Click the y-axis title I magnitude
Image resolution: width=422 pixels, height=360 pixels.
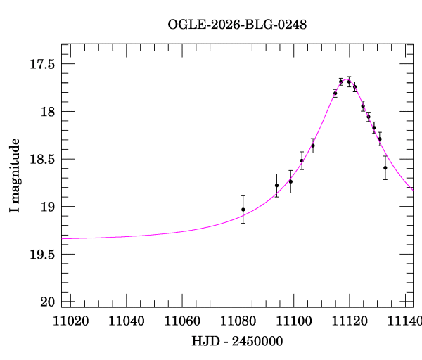point(15,175)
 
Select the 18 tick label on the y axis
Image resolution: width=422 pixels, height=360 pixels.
point(49,112)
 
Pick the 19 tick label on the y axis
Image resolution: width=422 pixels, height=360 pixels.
point(49,207)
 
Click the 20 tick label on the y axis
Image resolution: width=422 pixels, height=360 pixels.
point(49,302)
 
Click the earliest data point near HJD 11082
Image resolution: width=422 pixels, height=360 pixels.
point(243,210)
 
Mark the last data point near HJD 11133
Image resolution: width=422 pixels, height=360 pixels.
point(385,167)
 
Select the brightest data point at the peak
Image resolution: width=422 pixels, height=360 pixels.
point(349,82)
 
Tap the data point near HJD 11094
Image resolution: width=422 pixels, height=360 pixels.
point(276,185)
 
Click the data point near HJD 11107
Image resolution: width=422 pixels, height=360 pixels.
point(313,146)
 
